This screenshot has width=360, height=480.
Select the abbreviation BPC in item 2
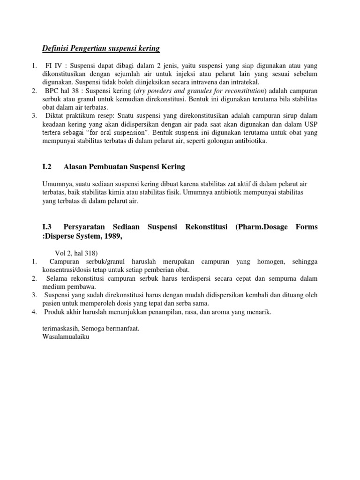pyautogui.click(x=54, y=90)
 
